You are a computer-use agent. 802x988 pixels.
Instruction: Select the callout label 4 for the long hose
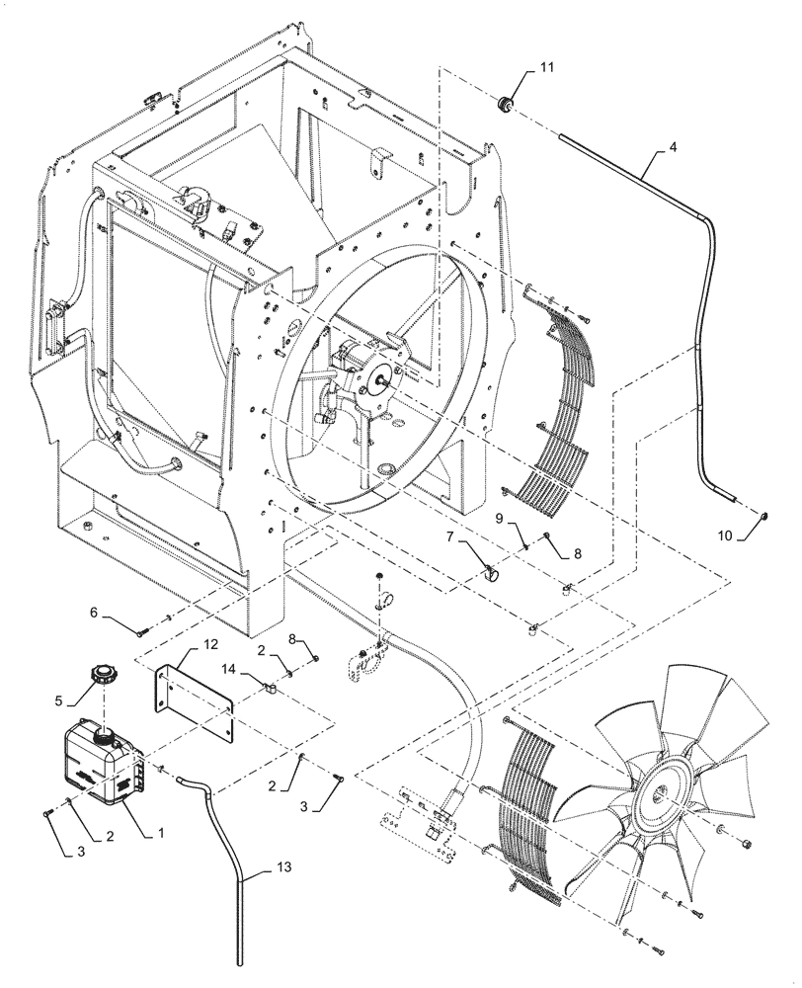[672, 148]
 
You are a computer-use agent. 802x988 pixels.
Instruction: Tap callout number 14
[229, 669]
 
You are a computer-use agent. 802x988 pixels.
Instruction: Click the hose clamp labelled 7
[489, 570]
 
